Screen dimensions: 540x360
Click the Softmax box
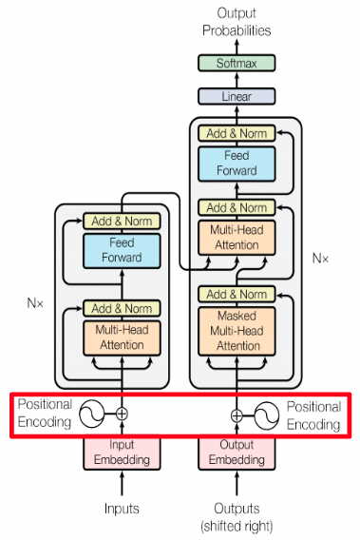click(x=236, y=63)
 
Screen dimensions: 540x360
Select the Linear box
click(x=236, y=96)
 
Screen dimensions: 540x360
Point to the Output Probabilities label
click(x=236, y=22)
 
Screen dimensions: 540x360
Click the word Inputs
click(x=121, y=509)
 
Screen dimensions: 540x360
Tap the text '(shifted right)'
click(x=237, y=524)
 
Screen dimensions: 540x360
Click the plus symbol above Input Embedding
click(x=121, y=415)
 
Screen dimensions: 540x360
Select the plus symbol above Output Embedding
click(x=237, y=415)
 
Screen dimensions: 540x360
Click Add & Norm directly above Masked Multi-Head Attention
click(x=237, y=294)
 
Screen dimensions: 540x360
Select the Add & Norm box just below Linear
click(x=237, y=134)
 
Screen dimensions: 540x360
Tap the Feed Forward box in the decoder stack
click(x=237, y=164)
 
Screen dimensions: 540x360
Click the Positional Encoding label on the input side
click(x=45, y=414)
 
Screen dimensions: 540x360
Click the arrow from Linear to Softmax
click(x=236, y=80)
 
